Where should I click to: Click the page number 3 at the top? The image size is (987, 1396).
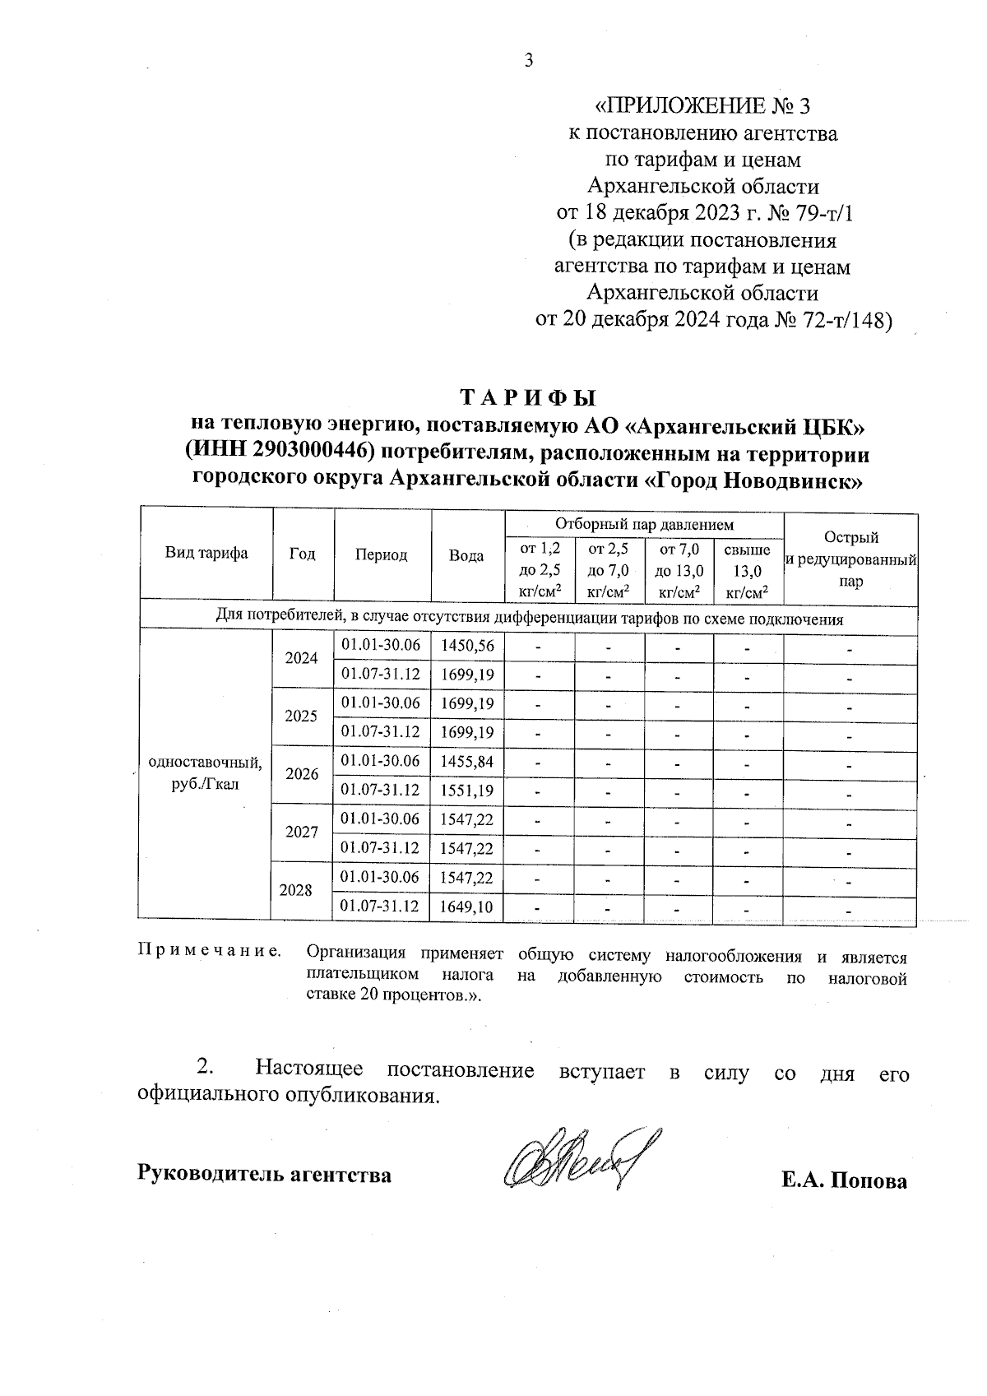coord(529,60)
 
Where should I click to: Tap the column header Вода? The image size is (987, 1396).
coord(466,555)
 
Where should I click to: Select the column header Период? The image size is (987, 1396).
coord(381,555)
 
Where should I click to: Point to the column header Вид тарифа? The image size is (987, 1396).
coord(206,553)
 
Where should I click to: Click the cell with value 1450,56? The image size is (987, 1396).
coord(467,646)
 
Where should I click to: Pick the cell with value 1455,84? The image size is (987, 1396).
coord(467,762)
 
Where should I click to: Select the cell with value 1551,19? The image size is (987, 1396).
coord(467,791)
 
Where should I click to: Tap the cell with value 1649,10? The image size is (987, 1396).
coord(467,907)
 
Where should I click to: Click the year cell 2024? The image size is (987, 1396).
coord(301,658)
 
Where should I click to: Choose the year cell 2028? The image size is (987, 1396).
coord(296,890)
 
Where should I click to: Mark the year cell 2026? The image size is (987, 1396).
coord(301,774)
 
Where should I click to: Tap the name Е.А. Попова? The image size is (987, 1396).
coord(845,1181)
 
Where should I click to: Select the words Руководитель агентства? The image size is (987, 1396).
coord(264,1174)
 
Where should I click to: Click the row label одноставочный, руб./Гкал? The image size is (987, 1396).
coord(205,772)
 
